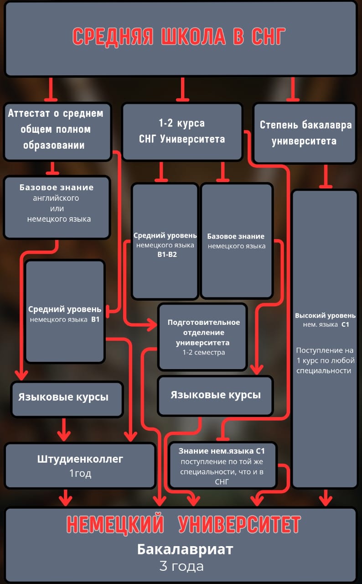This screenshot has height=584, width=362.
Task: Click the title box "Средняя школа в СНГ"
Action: coord(181,38)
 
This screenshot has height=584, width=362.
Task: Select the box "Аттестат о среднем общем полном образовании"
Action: coord(57,130)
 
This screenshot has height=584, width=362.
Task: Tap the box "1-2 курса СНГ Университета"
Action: coord(182,131)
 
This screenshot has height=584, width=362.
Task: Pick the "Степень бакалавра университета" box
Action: coord(305,133)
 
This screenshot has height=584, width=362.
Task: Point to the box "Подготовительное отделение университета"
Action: coord(203,337)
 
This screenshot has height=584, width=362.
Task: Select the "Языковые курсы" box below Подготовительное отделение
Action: coord(215,395)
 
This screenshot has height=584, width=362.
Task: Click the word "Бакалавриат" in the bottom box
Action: coord(185,549)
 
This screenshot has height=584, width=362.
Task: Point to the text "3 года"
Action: coord(181,567)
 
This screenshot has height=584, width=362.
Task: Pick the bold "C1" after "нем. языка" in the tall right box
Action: coord(345,324)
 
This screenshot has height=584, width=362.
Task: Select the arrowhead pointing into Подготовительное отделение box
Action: coord(151,326)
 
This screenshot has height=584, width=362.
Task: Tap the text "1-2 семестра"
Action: coord(203,352)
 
